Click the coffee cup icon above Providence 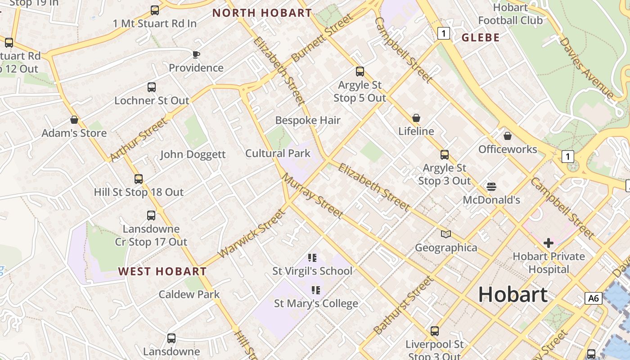click(x=196, y=54)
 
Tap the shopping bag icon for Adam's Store click(x=74, y=120)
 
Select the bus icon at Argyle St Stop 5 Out click(x=360, y=72)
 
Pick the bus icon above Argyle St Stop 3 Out click(x=445, y=155)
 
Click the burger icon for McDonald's click(x=491, y=186)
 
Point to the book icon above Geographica click(x=446, y=234)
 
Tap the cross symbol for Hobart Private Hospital click(x=549, y=243)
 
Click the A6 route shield click(x=594, y=298)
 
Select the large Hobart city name click(x=513, y=294)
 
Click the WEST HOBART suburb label click(x=162, y=271)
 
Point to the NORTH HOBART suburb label click(x=262, y=13)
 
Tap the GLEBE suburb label click(x=481, y=38)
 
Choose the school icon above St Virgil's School click(x=312, y=258)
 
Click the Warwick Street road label click(x=252, y=234)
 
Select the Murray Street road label click(x=312, y=195)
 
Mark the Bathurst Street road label click(x=404, y=305)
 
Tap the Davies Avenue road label click(x=586, y=68)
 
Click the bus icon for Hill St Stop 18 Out click(x=139, y=179)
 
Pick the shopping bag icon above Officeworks click(x=508, y=136)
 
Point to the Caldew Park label click(x=189, y=295)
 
